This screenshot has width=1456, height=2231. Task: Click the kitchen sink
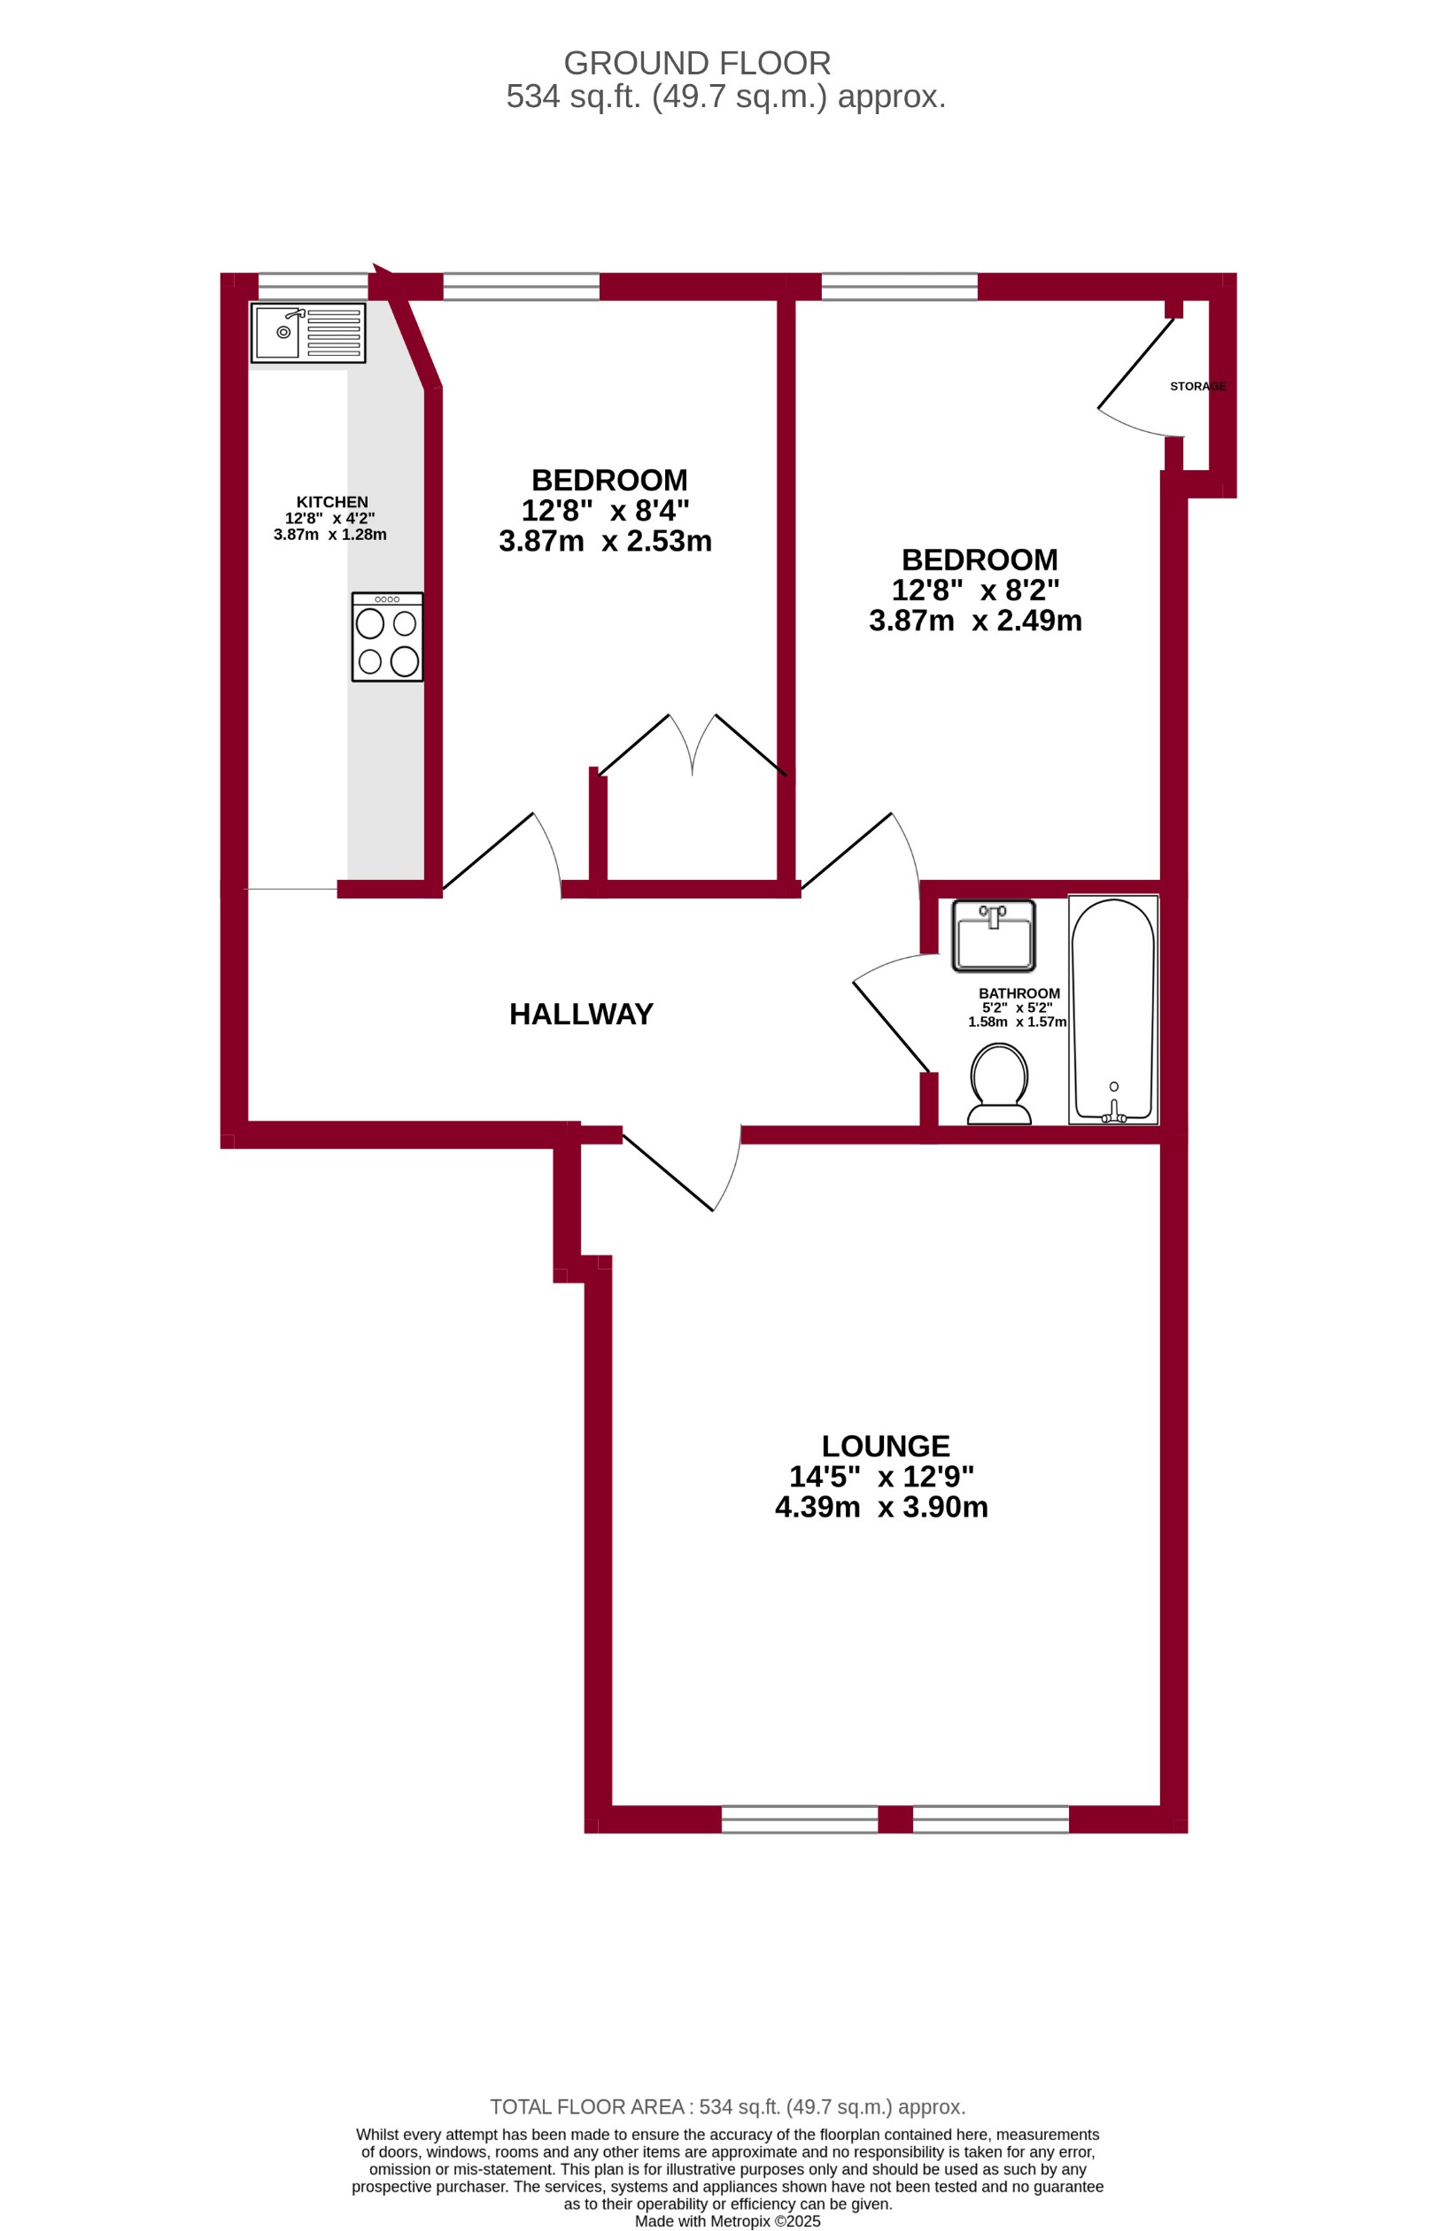click(307, 333)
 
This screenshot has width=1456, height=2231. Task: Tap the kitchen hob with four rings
click(387, 637)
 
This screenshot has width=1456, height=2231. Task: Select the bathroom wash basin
click(993, 935)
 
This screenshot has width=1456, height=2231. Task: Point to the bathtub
click(1113, 1008)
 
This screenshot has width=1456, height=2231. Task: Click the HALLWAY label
click(581, 1015)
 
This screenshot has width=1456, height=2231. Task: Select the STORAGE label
click(1197, 386)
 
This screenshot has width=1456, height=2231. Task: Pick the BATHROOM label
click(1019, 993)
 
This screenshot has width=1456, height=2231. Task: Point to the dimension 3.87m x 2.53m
click(606, 542)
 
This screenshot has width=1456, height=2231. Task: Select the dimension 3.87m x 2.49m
click(975, 621)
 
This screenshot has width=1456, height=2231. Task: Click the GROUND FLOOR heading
click(697, 64)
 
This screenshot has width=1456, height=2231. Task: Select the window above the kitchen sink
click(314, 286)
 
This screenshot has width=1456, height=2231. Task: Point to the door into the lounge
click(668, 1173)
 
